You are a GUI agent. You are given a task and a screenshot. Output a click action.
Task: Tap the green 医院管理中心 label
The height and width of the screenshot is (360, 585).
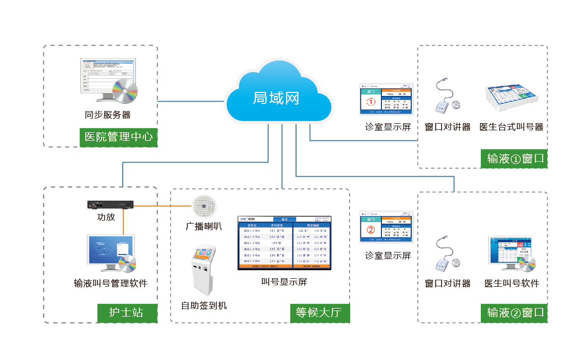click(x=119, y=137)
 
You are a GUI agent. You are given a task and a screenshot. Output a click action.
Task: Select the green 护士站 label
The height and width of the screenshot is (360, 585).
click(x=126, y=313)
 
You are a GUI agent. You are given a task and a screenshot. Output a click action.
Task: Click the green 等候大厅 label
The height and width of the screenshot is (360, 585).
click(x=319, y=313)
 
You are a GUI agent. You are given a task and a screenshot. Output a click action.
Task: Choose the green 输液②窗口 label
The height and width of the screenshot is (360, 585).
click(x=514, y=313)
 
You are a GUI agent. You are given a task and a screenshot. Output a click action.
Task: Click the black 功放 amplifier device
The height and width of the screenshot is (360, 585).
click(x=110, y=205)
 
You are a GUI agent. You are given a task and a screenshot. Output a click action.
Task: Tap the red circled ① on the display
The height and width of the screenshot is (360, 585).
click(x=371, y=102)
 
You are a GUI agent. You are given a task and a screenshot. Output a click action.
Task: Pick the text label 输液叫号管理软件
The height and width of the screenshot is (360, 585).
click(x=111, y=283)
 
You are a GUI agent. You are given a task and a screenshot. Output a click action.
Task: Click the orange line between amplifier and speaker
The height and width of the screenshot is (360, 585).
click(x=162, y=206)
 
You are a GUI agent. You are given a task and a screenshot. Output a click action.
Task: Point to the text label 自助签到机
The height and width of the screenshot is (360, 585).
click(x=204, y=305)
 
